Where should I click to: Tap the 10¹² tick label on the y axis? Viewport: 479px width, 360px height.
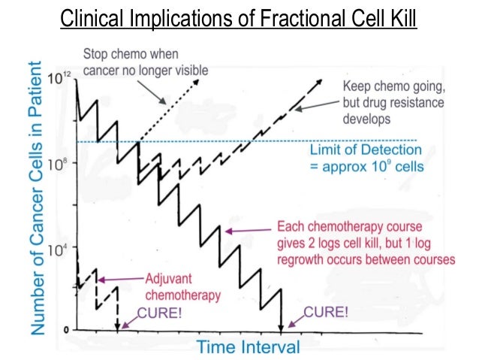point(62,77)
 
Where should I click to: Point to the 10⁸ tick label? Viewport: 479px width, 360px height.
point(62,163)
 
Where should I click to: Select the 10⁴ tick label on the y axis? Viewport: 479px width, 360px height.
point(62,249)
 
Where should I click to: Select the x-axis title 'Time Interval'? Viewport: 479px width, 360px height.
point(249,346)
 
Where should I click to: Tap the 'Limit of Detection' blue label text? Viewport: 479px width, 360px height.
point(366,150)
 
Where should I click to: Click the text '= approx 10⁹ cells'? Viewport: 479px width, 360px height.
point(367,166)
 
